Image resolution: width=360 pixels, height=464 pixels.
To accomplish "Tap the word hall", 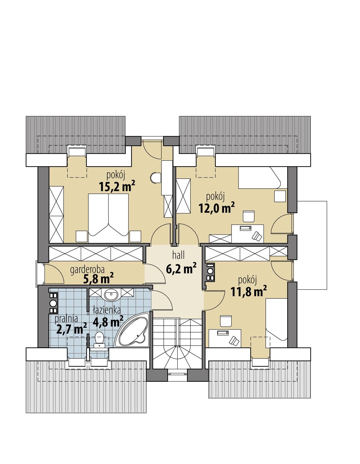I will (x=179, y=256).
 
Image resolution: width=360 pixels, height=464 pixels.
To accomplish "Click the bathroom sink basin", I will (x=111, y=295).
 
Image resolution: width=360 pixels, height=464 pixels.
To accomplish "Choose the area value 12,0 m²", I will (x=216, y=208).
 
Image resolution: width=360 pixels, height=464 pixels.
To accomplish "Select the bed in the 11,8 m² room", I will (x=277, y=323).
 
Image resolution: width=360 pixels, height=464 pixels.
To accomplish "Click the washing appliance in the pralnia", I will (x=53, y=303).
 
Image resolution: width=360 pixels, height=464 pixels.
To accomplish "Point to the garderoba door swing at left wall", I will (x=54, y=273).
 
